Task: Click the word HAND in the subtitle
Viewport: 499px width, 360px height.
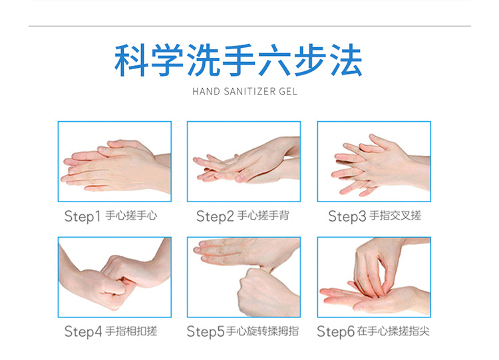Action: pyautogui.click(x=206, y=92)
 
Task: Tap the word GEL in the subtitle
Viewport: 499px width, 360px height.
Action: pyautogui.click(x=288, y=92)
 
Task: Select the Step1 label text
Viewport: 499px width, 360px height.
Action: pyautogui.click(x=83, y=216)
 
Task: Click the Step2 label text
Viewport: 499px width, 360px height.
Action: pyautogui.click(x=215, y=216)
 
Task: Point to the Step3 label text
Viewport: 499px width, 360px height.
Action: pyautogui.click(x=347, y=216)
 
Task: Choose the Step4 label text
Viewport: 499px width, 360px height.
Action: pyautogui.click(x=83, y=331)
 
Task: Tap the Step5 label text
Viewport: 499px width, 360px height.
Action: pyautogui.click(x=206, y=331)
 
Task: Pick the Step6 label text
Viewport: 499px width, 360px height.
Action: pyautogui.click(x=336, y=331)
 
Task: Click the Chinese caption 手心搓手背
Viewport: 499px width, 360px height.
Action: pyautogui.click(x=263, y=216)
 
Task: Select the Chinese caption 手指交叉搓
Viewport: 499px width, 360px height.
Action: pyautogui.click(x=395, y=216)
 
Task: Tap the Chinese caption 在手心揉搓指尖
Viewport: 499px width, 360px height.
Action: pyautogui.click(x=393, y=331)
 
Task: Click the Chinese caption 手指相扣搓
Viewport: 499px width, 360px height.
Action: pyautogui.click(x=131, y=331)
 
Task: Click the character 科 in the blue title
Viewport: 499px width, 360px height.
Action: pyautogui.click(x=132, y=60)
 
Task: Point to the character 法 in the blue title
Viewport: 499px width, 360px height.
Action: pyautogui.click(x=346, y=60)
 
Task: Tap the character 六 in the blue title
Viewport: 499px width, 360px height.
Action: pyautogui.click(x=274, y=60)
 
